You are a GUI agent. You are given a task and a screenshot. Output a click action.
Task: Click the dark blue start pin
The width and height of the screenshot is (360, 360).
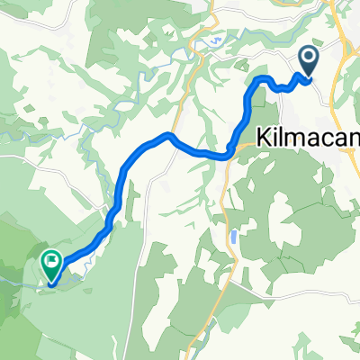tap(308, 61)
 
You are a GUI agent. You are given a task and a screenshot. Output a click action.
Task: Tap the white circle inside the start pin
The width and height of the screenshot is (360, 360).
tap(308, 59)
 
